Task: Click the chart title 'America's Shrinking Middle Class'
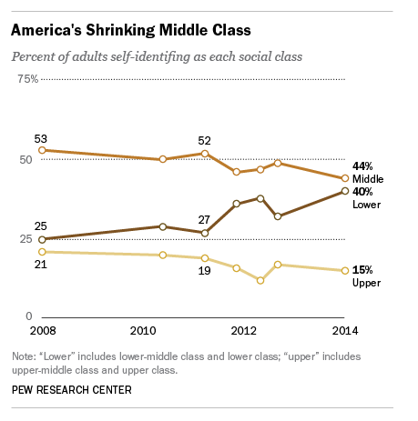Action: (131, 30)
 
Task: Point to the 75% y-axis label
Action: (28, 79)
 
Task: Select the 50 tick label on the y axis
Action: (25, 160)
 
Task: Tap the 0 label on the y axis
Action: (29, 316)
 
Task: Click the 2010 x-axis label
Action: (143, 331)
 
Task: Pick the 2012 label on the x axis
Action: (244, 331)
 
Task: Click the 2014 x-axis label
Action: (345, 331)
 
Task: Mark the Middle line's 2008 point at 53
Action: (43, 150)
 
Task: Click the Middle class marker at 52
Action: (205, 154)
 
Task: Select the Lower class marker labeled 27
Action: (205, 233)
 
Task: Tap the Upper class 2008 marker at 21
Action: (43, 252)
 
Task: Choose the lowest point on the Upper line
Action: (260, 281)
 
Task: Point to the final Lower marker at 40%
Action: (345, 191)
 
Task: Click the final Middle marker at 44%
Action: (345, 178)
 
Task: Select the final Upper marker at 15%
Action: (345, 271)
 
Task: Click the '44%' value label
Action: (362, 166)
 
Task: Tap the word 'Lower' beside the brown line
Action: (366, 205)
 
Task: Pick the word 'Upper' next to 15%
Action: (366, 283)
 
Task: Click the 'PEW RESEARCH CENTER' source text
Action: (72, 390)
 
